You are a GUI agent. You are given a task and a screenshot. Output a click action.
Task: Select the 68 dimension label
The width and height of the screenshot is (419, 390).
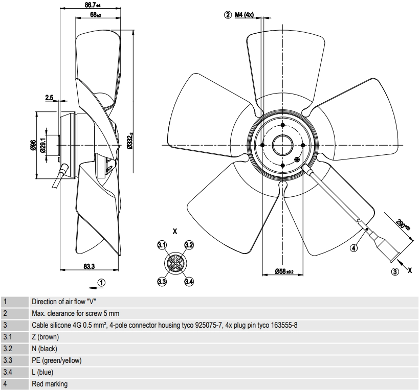pyautogui.click(x=95, y=15)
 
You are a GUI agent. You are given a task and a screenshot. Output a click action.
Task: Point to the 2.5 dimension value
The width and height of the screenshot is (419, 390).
pyautogui.click(x=50, y=98)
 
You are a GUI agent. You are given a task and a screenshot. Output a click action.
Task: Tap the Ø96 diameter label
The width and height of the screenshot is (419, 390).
pyautogui.click(x=33, y=145)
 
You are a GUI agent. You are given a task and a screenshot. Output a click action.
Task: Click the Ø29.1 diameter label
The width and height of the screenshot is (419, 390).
pyautogui.click(x=42, y=145)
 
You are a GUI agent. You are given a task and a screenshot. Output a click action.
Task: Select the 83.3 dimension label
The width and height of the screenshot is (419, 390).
pyautogui.click(x=89, y=266)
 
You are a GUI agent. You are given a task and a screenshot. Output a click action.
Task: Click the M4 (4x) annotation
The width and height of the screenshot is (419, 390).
pyautogui.click(x=244, y=14)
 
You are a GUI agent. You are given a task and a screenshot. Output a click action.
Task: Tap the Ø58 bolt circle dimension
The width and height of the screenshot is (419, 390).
pyautogui.click(x=284, y=271)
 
